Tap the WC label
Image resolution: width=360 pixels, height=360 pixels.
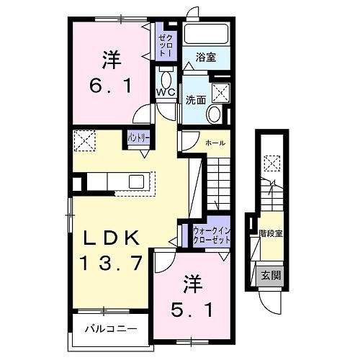(x=163, y=91)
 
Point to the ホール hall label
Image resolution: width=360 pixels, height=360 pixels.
(x=215, y=143)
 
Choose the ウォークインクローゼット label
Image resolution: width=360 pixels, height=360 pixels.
(x=212, y=234)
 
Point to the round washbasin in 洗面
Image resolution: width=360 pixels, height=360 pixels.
(x=214, y=114)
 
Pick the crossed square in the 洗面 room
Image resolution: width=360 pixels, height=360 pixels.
(x=221, y=92)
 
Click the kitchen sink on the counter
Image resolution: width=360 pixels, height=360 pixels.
(x=135, y=181)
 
